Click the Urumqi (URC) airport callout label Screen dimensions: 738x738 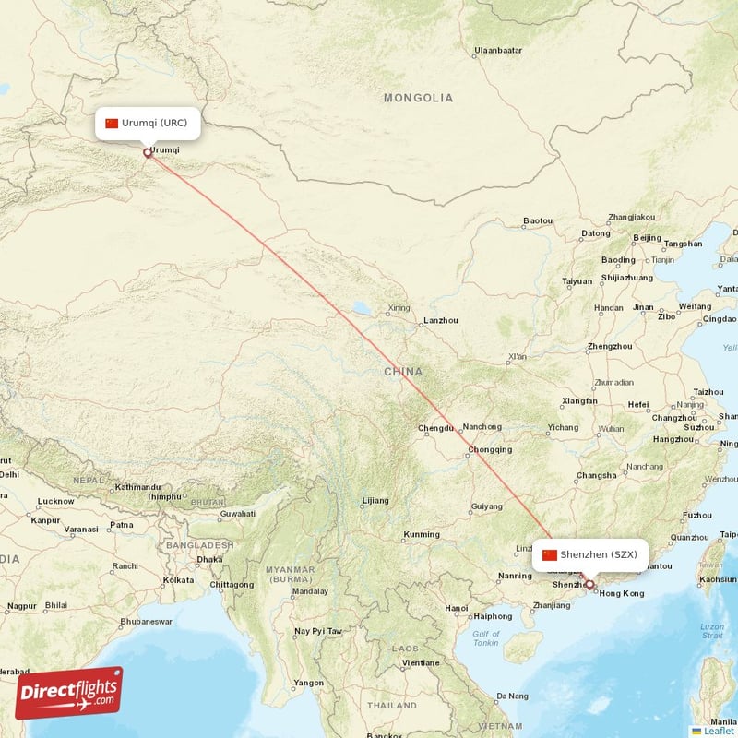(148, 123)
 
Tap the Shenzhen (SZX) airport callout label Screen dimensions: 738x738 (590, 554)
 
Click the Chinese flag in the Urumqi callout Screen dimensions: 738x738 (112, 123)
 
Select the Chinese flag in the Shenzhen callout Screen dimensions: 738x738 (550, 554)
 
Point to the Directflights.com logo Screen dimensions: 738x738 (67, 692)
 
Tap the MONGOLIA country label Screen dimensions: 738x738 (419, 98)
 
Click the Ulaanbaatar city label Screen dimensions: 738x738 (498, 50)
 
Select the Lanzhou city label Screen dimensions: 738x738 (439, 321)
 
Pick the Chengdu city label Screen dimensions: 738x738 (435, 428)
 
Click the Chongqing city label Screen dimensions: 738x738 (490, 450)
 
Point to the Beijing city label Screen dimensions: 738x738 (647, 238)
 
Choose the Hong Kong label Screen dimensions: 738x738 (622, 593)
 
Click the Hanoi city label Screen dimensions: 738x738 (457, 608)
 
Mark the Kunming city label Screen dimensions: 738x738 (422, 535)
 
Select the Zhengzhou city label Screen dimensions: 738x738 (610, 347)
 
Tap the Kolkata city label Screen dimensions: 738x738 (178, 580)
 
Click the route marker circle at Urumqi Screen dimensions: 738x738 (148, 153)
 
